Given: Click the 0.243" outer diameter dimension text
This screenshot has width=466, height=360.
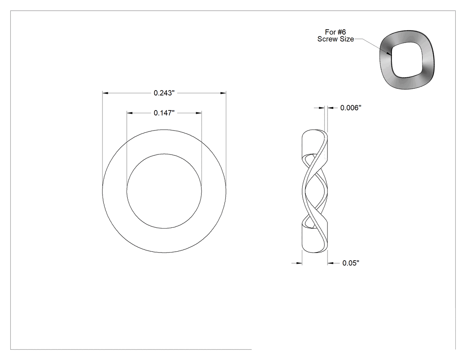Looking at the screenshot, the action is [164, 93].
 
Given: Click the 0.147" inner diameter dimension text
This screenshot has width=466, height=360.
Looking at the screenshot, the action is [164, 113].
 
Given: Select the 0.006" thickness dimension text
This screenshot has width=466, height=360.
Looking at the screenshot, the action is [351, 107].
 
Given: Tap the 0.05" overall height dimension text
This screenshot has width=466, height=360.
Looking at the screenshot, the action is [351, 263].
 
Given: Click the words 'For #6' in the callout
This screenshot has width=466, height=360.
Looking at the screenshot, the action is [335, 32].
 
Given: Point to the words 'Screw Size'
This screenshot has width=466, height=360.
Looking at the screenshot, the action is [336, 39].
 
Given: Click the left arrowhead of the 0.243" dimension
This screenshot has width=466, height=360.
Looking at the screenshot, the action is [105, 93].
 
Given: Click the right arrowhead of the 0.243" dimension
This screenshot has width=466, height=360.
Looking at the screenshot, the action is [223, 93].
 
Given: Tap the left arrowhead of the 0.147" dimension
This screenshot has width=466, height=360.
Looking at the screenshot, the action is [130, 113].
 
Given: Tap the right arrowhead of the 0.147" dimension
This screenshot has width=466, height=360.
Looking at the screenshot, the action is [198, 113].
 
